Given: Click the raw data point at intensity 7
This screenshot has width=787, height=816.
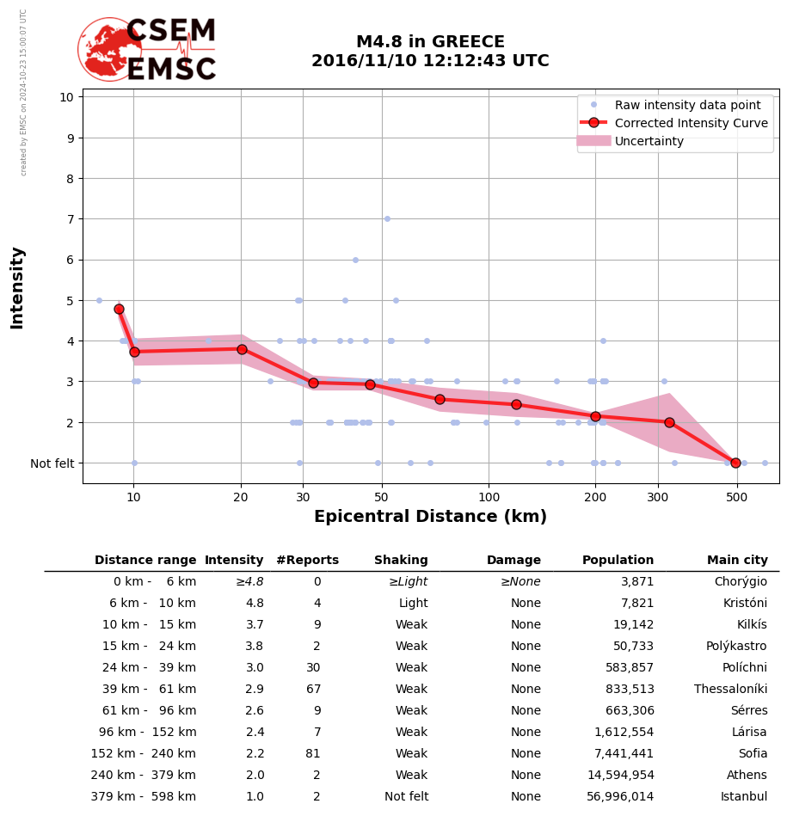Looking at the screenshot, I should (387, 218).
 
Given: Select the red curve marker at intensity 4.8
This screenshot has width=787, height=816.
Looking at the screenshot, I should (119, 309).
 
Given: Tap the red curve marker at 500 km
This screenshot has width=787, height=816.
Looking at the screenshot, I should (735, 463).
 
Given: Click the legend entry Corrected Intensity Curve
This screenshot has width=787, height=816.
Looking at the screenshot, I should (691, 123).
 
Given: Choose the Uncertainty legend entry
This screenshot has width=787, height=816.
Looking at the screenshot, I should (649, 141).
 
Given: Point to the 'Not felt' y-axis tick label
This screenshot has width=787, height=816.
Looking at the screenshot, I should (52, 463).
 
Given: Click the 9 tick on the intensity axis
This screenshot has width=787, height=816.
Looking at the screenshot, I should (67, 138).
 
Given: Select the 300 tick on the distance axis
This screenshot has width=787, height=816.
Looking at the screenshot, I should (658, 498).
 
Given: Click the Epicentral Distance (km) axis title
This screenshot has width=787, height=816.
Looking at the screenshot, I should (430, 517).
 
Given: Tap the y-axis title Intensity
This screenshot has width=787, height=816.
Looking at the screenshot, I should (17, 287).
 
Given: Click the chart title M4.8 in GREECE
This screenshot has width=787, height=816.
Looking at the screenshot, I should (430, 42).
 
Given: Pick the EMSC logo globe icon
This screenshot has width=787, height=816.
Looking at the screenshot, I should (109, 49).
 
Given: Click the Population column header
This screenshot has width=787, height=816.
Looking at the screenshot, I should (618, 561).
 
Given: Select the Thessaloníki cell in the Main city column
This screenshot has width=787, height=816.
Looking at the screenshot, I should (730, 690).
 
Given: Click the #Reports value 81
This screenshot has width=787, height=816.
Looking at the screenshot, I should (313, 754).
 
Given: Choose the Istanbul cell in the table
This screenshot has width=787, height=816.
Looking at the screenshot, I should (742, 797).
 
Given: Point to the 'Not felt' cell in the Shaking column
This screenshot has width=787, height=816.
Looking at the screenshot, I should (406, 797).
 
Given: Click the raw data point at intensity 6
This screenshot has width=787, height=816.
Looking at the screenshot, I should (355, 260).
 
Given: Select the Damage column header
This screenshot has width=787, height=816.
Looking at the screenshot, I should (513, 561).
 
